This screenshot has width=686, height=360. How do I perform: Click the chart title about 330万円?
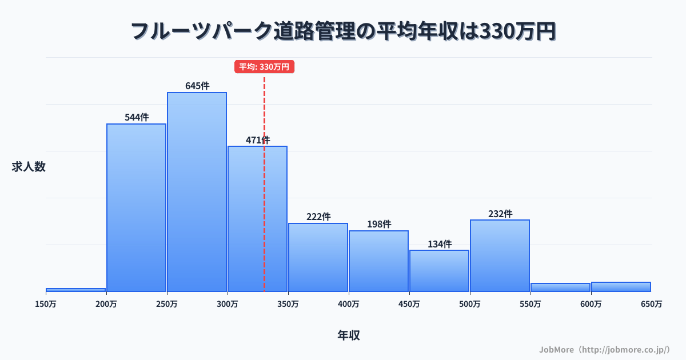tap(343, 31)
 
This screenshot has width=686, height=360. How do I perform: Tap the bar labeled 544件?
tap(136, 208)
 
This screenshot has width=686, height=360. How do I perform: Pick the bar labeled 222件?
tap(318, 257)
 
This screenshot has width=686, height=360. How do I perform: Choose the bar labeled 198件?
tap(378, 261)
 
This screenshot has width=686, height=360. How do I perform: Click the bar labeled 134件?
tap(439, 271)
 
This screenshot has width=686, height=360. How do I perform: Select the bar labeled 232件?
tap(500, 255)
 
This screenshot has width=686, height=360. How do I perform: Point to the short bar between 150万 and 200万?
tap(75, 290)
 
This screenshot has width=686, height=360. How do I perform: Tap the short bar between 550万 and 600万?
tap(560, 287)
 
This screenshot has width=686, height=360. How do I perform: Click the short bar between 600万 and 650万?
tap(621, 286)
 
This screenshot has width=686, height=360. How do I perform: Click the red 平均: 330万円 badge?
tap(264, 67)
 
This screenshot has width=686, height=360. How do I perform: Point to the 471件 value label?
tap(258, 140)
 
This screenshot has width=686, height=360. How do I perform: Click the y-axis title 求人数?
tap(29, 167)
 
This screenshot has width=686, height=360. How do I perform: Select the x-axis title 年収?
tap(349, 335)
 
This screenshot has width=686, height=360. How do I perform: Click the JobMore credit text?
tap(604, 349)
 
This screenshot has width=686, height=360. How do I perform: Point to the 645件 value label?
tap(197, 86)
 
